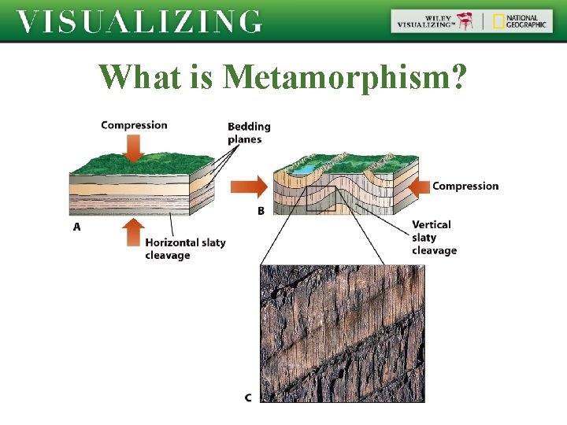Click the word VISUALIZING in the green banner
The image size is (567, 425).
[139, 21]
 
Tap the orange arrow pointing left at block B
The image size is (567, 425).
[420, 187]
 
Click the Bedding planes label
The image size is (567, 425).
[249, 133]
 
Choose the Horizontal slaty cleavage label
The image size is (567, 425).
[185, 249]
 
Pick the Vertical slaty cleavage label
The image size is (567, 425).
[434, 238]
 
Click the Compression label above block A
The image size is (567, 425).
[134, 125]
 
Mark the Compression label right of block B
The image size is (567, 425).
[465, 187]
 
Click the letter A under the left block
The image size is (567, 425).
[77, 227]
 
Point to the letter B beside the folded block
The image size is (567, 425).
[261, 211]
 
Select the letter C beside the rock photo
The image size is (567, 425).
[248, 397]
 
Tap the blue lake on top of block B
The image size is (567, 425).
[302, 168]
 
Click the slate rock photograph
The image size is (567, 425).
[342, 333]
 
